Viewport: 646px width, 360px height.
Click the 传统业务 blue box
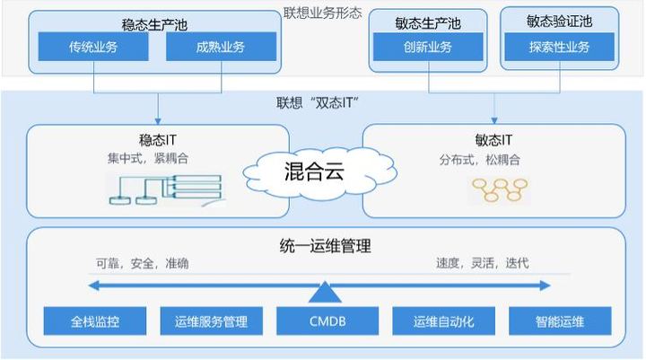click(93, 47)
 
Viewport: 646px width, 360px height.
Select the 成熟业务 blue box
click(221, 47)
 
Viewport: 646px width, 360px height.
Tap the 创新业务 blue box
click(428, 47)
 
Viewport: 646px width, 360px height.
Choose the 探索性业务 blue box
click(559, 47)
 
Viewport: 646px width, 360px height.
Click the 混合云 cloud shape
click(319, 172)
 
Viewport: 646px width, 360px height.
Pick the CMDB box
click(327, 320)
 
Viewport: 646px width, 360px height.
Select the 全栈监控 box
click(95, 320)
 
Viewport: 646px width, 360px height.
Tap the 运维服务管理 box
click(212, 320)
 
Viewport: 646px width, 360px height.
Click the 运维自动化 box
click(444, 320)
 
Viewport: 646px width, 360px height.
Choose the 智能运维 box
click(560, 320)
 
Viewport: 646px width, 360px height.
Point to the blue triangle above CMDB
click(325, 294)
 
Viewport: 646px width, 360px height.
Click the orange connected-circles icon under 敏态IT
click(500, 189)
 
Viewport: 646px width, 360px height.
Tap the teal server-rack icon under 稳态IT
click(166, 190)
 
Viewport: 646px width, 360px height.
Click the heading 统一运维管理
click(325, 246)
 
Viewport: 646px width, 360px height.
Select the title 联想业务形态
click(323, 13)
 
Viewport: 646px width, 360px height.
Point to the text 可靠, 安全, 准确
click(143, 263)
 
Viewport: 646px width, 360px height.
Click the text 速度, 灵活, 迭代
click(483, 263)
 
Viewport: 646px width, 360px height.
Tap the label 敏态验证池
click(559, 21)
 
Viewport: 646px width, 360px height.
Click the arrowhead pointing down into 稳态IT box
click(158, 121)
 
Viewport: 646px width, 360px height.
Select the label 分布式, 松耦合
click(479, 160)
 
